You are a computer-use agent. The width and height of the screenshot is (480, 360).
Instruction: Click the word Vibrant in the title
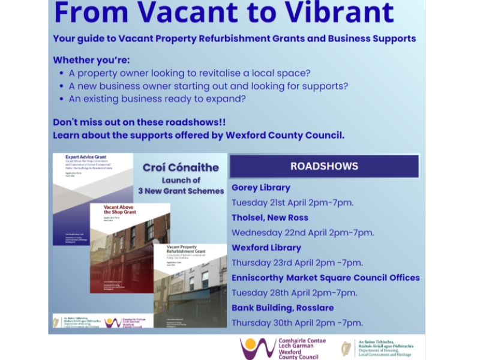coord(335,13)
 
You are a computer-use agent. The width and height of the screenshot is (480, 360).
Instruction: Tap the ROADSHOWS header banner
coord(324,166)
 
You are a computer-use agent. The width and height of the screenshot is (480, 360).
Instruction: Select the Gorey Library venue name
coord(260,188)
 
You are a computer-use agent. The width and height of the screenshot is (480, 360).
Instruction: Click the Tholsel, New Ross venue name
coord(270,217)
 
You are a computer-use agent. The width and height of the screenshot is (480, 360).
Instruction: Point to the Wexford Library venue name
coord(266,247)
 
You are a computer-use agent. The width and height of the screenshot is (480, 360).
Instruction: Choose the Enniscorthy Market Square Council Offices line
coord(325,278)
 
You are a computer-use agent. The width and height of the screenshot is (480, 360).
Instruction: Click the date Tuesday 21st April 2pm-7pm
coord(292,202)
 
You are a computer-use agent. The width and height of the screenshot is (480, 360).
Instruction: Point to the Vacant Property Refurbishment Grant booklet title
coord(186,250)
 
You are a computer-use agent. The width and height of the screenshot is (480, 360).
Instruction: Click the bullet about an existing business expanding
coord(157,99)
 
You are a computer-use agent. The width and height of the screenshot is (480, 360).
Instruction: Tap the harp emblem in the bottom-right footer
coord(346,348)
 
